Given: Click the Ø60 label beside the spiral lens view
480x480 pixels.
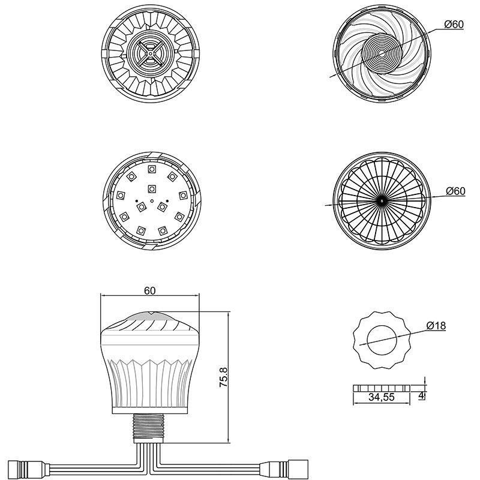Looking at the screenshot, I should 455,25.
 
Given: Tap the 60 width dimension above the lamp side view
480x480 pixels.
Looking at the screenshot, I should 150,290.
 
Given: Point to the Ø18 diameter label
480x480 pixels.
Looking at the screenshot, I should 436,326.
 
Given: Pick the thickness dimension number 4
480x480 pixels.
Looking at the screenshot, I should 422,395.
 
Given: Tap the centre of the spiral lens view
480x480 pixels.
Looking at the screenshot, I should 381,53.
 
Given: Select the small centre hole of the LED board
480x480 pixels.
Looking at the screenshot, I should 152,200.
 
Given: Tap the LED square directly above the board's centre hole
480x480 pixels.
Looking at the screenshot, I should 152,187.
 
